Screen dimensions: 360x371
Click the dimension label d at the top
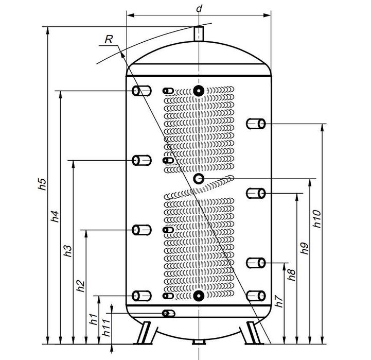[x=199, y=8]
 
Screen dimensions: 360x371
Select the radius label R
[x=108, y=39]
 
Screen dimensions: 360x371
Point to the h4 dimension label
[x=56, y=217]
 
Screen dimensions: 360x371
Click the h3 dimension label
[x=67, y=250]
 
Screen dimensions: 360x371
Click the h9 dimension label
[x=305, y=248]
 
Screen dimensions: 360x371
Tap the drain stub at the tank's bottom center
[x=198, y=342]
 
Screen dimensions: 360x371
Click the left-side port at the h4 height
[x=141, y=91]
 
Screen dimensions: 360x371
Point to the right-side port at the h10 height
[x=255, y=124]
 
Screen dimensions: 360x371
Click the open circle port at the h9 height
[x=199, y=178]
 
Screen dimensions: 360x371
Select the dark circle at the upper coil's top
[x=199, y=91]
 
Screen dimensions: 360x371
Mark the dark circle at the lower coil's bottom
[x=199, y=296]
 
